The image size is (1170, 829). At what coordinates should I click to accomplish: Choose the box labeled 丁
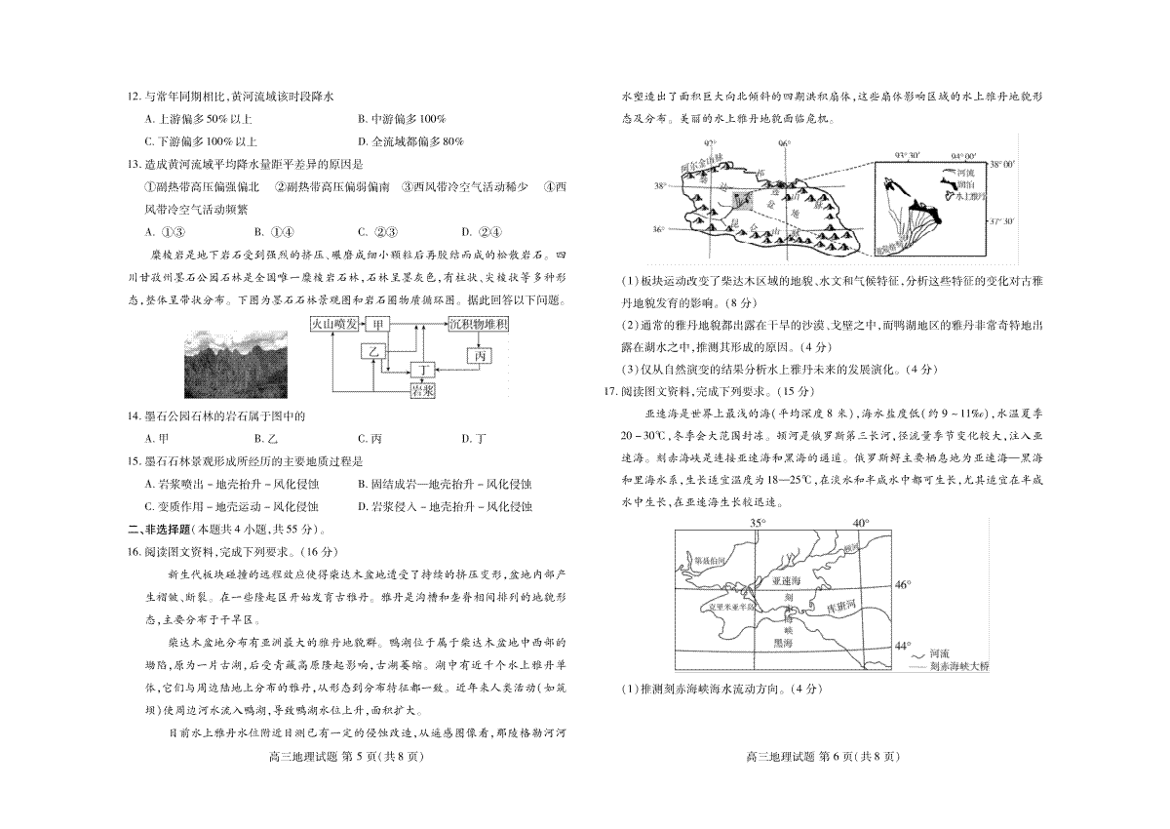tap(421, 370)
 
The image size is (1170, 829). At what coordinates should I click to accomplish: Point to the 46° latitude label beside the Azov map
tap(903, 585)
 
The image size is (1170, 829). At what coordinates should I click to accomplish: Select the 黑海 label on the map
tap(782, 643)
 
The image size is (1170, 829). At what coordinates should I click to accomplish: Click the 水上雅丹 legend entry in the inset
tap(968, 196)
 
